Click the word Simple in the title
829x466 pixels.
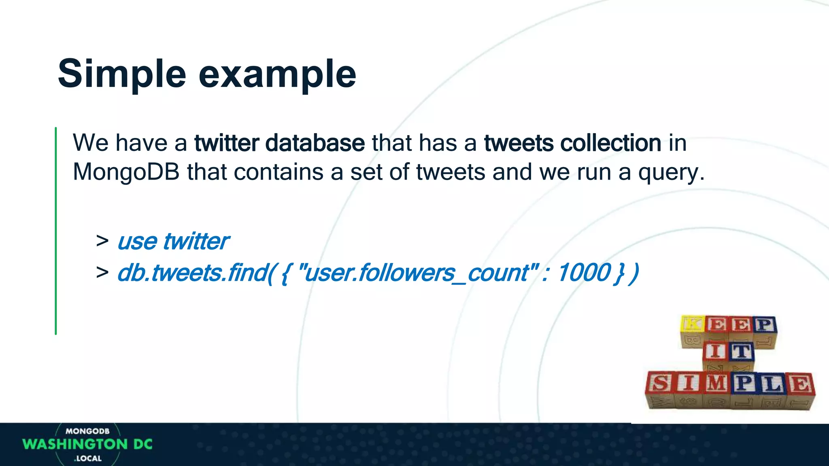pyautogui.click(x=122, y=74)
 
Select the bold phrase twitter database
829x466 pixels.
pyautogui.click(x=279, y=143)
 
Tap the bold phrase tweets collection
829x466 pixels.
pyautogui.click(x=572, y=143)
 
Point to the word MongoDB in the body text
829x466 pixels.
pyautogui.click(x=126, y=172)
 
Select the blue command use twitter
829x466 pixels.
pyautogui.click(x=173, y=241)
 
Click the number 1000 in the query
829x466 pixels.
pyautogui.click(x=584, y=273)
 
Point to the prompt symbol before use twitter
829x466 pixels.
pyautogui.click(x=102, y=241)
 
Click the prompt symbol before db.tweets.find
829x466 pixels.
pyautogui.click(x=102, y=272)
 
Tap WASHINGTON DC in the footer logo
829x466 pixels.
pyautogui.click(x=87, y=444)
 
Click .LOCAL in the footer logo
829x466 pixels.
pyautogui.click(x=88, y=458)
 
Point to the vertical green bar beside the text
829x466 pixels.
pyautogui.click(x=56, y=231)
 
